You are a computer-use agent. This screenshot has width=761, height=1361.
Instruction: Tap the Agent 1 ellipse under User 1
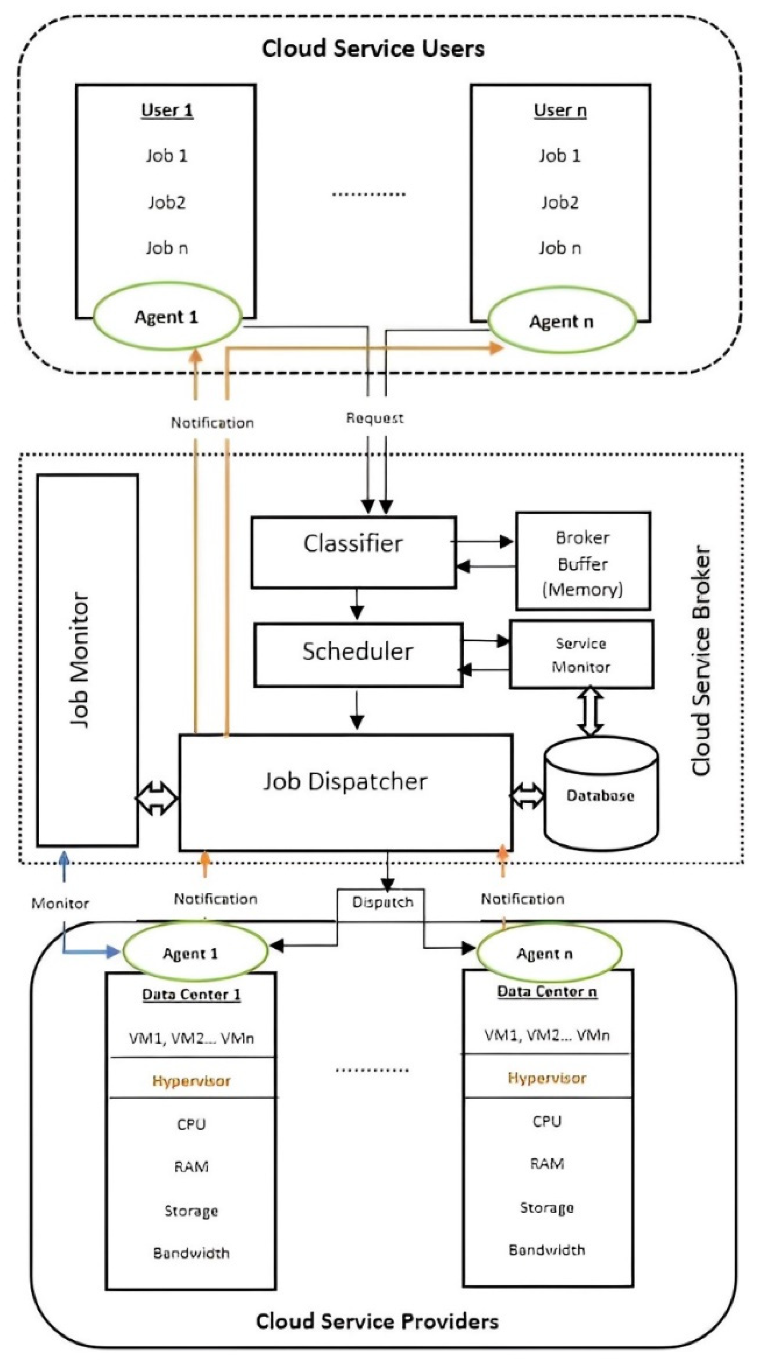click(166, 317)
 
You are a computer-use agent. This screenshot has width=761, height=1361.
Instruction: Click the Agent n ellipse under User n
click(561, 321)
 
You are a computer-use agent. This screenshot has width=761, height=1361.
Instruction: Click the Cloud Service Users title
click(373, 48)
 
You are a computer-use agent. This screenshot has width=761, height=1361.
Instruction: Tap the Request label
click(375, 418)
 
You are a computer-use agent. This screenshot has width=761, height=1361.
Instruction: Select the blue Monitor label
click(60, 903)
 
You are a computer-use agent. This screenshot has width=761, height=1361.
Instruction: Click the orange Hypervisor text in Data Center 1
click(191, 1081)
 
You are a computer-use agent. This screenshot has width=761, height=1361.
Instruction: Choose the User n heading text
click(560, 110)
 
